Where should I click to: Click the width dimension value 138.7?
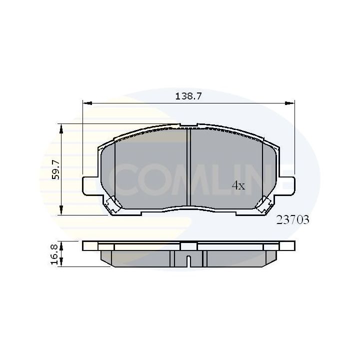pos(188,96)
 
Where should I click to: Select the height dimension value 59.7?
pos(55,169)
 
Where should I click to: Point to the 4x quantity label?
pos(238,185)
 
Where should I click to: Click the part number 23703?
pos(292,219)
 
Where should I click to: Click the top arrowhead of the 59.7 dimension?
pos(61,128)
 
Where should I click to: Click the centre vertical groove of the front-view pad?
pos(188,167)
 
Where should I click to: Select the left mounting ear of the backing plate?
pos(88,186)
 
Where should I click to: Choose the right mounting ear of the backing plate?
pos(288,186)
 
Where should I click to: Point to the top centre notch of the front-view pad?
pos(188,126)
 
